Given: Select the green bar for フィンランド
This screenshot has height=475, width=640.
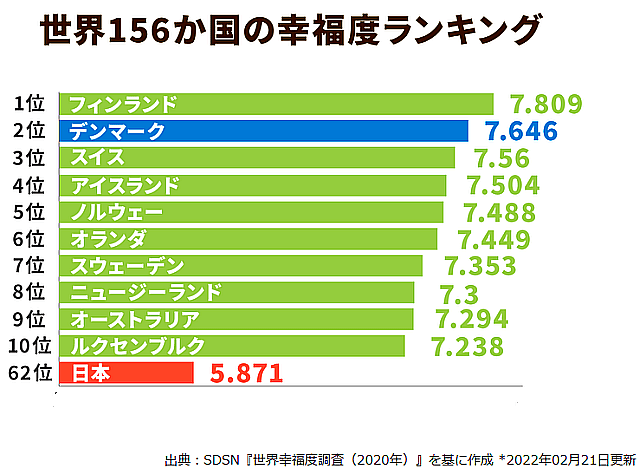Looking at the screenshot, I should tap(276, 104).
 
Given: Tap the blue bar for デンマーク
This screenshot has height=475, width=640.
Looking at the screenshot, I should tap(264, 131).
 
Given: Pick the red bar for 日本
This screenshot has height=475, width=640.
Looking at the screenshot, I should tap(126, 373).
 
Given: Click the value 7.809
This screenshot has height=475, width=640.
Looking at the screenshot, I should tap(545, 104).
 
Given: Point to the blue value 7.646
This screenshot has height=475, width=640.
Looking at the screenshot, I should tap(520, 131).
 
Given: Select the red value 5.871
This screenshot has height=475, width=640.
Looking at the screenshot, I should tap(247, 374).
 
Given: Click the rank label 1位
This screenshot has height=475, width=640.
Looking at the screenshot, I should tap(30, 104).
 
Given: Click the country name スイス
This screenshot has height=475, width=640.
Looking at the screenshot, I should tap(97, 158).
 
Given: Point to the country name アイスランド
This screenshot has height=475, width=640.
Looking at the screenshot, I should tap(124, 185).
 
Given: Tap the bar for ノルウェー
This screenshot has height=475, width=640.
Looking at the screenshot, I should tap(251, 212).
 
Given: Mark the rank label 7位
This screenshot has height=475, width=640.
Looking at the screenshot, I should tap(30, 266).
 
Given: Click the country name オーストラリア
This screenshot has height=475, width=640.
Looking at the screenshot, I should tap(135, 319).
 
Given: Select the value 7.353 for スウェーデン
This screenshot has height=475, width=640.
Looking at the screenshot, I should tap(480, 266).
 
